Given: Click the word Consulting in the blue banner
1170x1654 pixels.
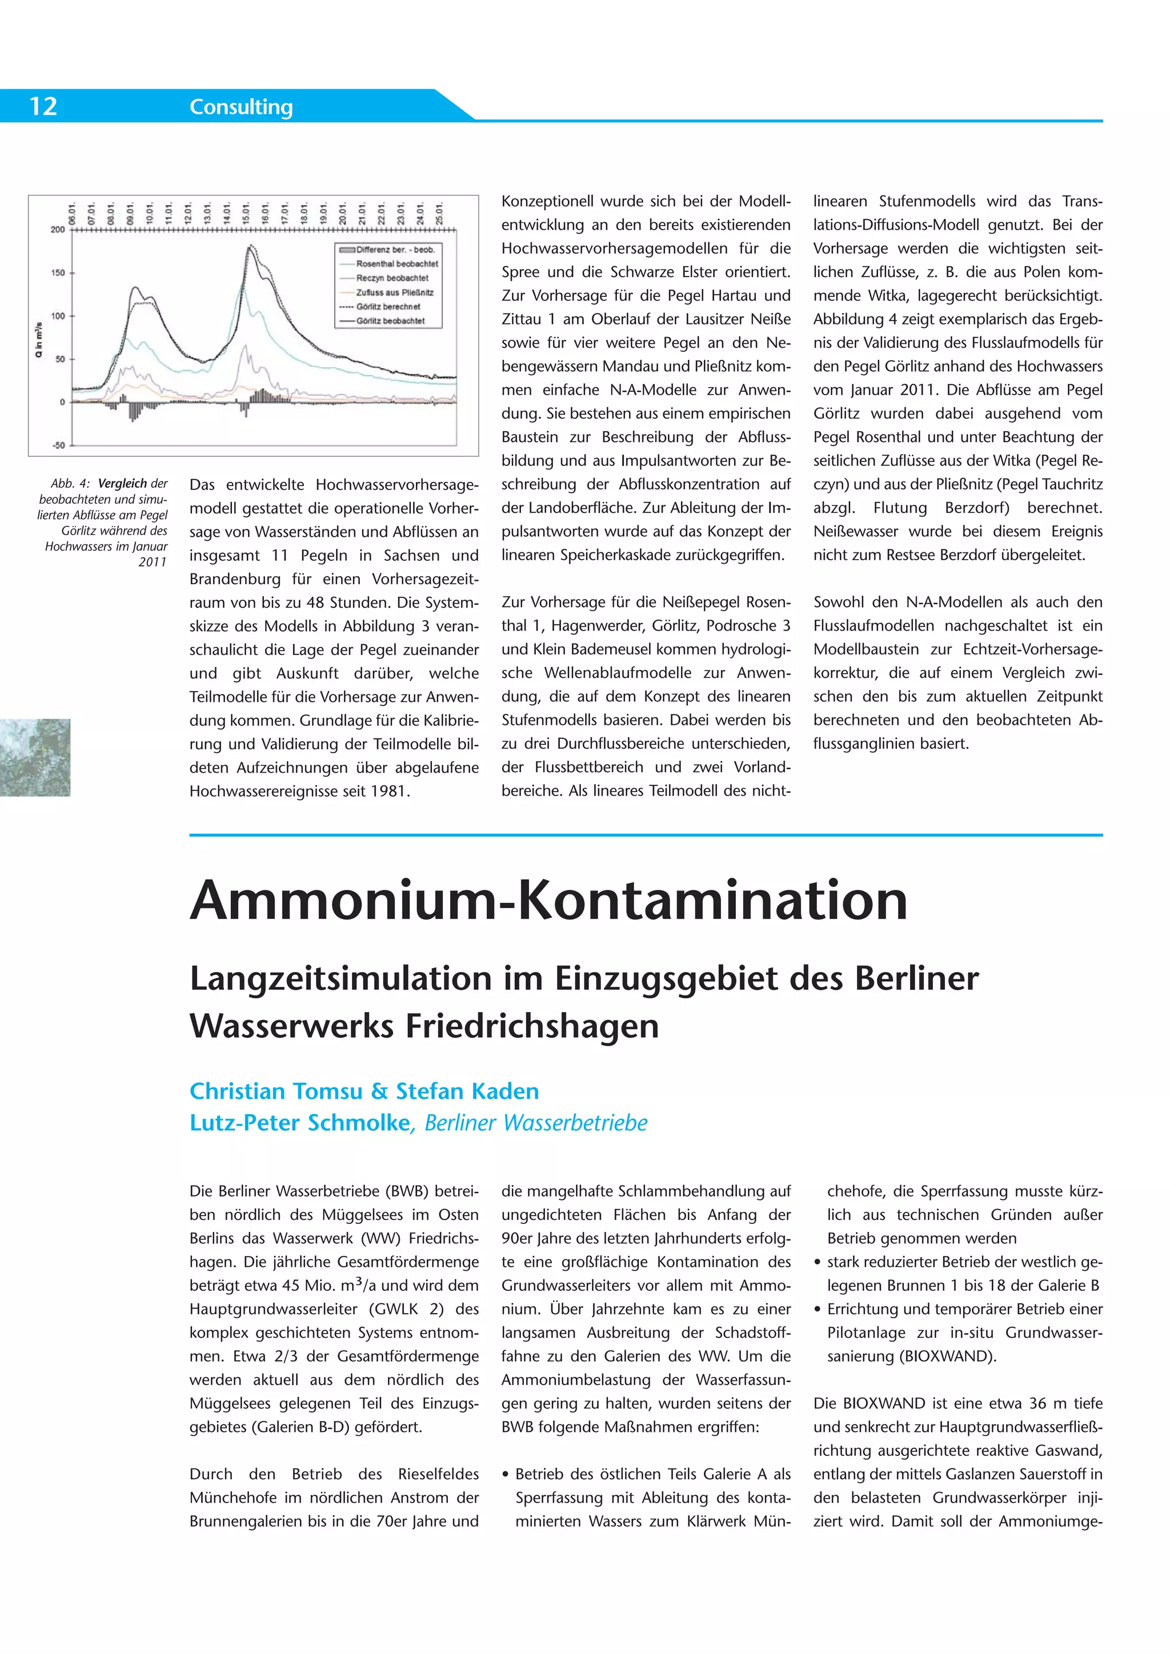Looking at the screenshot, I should click(241, 107).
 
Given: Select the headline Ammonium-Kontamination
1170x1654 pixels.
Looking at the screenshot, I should click(548, 901).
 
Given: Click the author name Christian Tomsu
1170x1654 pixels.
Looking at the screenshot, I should click(275, 1091).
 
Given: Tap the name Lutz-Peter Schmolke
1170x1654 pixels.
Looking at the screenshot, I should click(299, 1123).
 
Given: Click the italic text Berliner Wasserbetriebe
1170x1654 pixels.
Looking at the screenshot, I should click(535, 1123).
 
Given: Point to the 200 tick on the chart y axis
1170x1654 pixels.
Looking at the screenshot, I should click(58, 230).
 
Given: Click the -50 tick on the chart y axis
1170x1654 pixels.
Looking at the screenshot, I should click(58, 445).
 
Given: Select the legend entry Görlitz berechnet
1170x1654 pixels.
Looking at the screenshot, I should click(387, 306).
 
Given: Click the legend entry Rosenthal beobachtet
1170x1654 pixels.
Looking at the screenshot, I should click(396, 264).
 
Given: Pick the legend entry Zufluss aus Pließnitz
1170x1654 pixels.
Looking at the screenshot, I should click(394, 292).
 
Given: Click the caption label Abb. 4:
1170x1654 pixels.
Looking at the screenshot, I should click(70, 483).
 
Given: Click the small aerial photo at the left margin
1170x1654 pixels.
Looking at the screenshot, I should click(35, 757).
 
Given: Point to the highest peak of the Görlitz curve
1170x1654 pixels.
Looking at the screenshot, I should click(251, 247).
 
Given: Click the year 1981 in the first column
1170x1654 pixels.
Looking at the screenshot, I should click(389, 791).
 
